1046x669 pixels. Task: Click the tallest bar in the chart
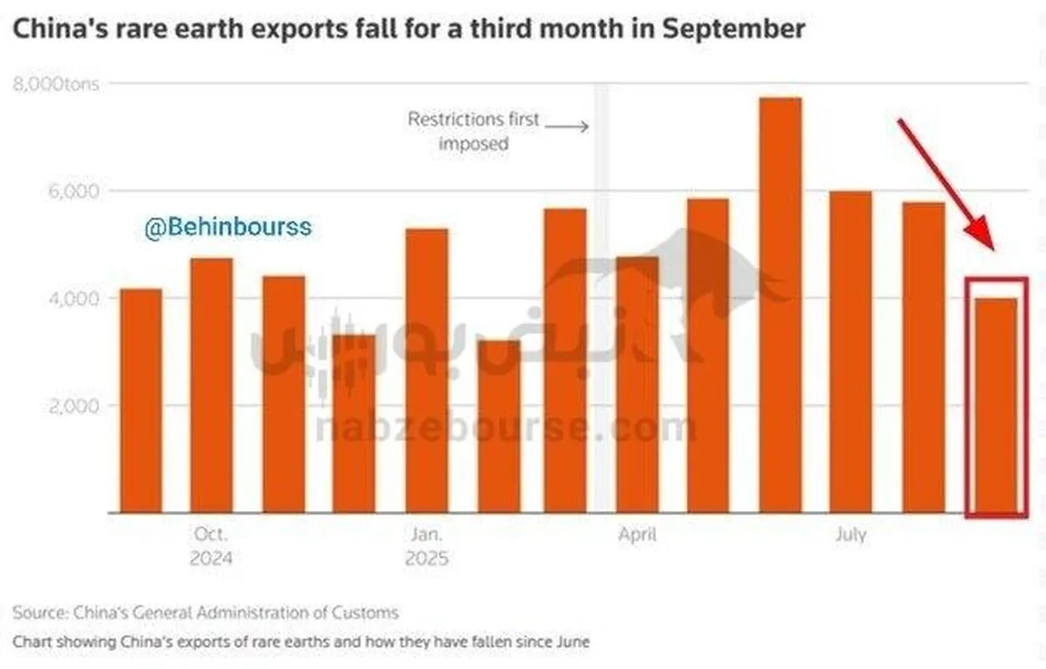pyautogui.click(x=780, y=304)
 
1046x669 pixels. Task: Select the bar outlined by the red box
pyautogui.click(x=995, y=405)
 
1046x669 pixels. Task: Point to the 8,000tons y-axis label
pyautogui.click(x=55, y=85)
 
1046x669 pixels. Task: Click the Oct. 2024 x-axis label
pyautogui.click(x=211, y=546)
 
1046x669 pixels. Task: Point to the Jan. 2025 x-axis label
pyautogui.click(x=426, y=546)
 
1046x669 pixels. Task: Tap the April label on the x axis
pyautogui.click(x=637, y=535)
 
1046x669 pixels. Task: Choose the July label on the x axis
pyautogui.click(x=850, y=535)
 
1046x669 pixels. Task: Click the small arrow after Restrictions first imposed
pyautogui.click(x=571, y=126)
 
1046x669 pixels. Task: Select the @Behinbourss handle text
pyautogui.click(x=228, y=229)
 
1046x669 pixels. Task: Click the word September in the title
pyautogui.click(x=733, y=28)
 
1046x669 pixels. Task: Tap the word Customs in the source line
pyautogui.click(x=367, y=612)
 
